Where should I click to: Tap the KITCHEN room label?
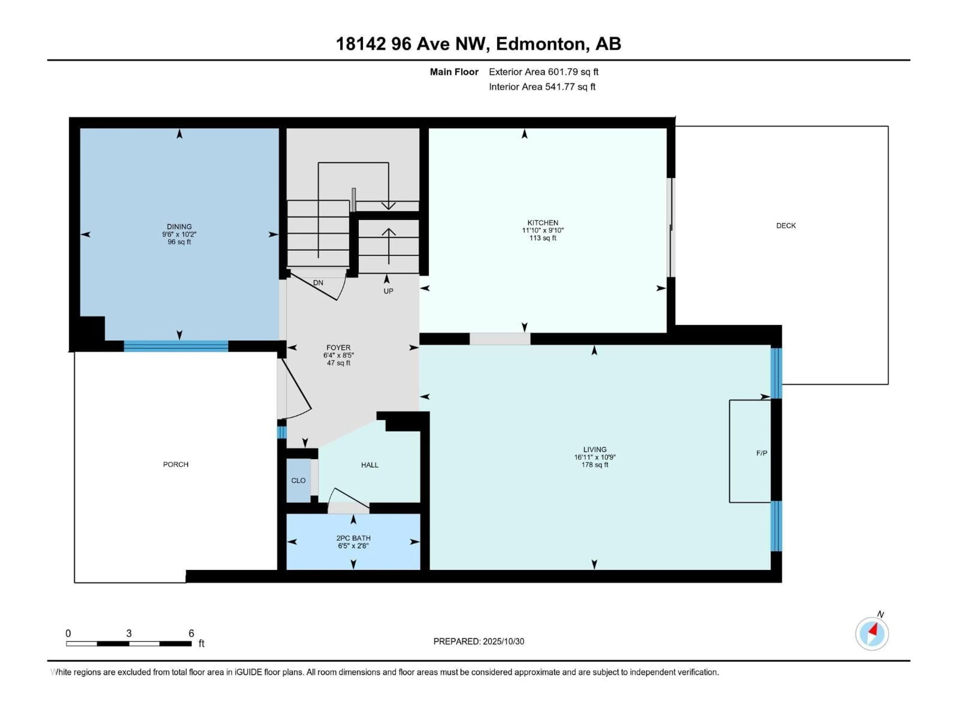coord(543,223)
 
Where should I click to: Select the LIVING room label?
coord(595,449)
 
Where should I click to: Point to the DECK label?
coord(786,226)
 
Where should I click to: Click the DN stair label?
coord(318,283)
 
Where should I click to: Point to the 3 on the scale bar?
coord(129,633)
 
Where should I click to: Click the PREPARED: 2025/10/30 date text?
coord(479,641)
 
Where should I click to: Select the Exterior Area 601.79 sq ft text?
coord(544,72)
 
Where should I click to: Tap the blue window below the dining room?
coord(176,346)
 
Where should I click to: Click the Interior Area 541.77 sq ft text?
coord(542,87)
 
